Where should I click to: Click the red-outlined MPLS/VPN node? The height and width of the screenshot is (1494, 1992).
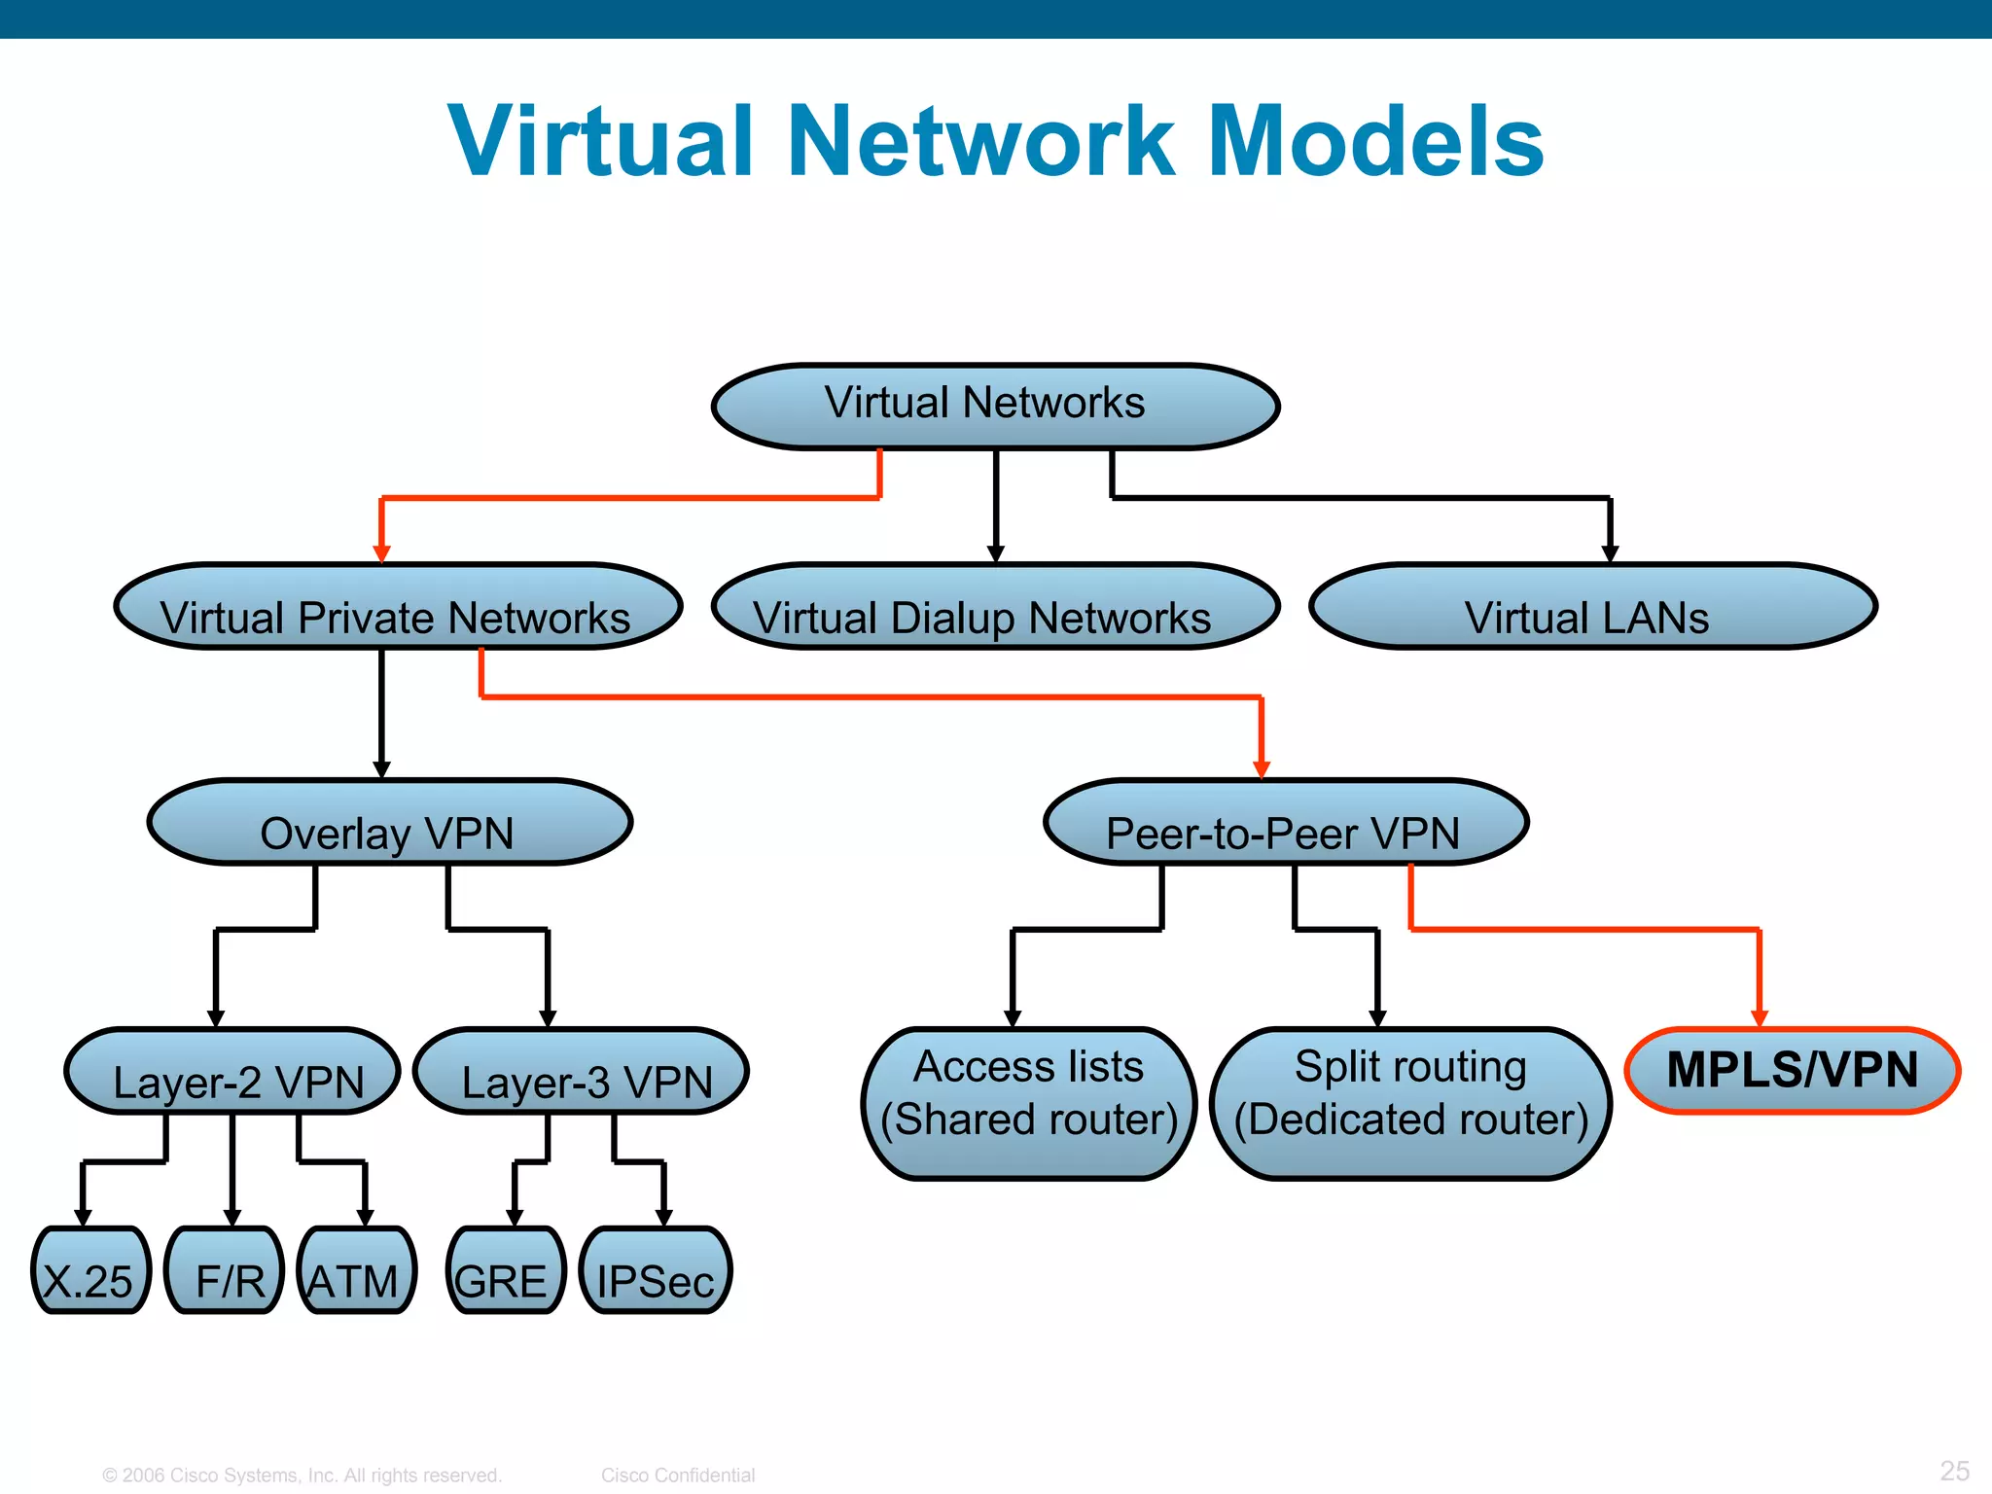(x=1792, y=1070)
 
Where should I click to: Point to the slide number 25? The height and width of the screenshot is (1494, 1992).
(x=1953, y=1470)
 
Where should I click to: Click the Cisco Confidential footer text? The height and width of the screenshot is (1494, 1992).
(x=677, y=1475)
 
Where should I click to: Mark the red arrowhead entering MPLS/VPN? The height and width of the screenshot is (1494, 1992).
(x=1759, y=1018)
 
